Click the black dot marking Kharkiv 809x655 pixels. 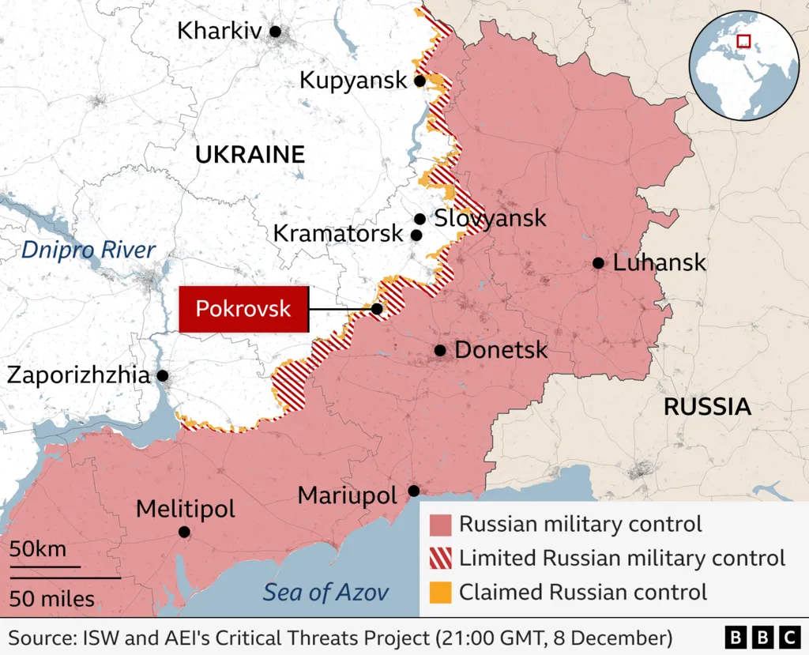(x=275, y=32)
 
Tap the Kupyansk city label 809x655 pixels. (x=353, y=80)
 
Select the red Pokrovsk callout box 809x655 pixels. (x=243, y=309)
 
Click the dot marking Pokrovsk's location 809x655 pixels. (x=377, y=309)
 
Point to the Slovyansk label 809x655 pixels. (x=490, y=218)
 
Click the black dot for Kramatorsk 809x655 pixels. (x=416, y=235)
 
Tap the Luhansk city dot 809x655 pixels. (x=599, y=263)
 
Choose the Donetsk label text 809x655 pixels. (x=501, y=350)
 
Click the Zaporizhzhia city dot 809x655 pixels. (x=162, y=375)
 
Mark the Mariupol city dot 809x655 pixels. (x=412, y=491)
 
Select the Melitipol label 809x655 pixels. (x=186, y=509)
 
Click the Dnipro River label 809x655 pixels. (x=88, y=250)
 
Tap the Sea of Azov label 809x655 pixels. (x=326, y=592)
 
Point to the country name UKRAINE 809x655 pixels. (x=250, y=155)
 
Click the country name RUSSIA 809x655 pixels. (x=706, y=407)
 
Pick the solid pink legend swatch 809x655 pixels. (x=440, y=524)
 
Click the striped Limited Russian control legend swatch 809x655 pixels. (x=440, y=558)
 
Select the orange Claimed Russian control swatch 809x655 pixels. (x=440, y=591)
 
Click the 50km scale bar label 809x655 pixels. (x=38, y=549)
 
